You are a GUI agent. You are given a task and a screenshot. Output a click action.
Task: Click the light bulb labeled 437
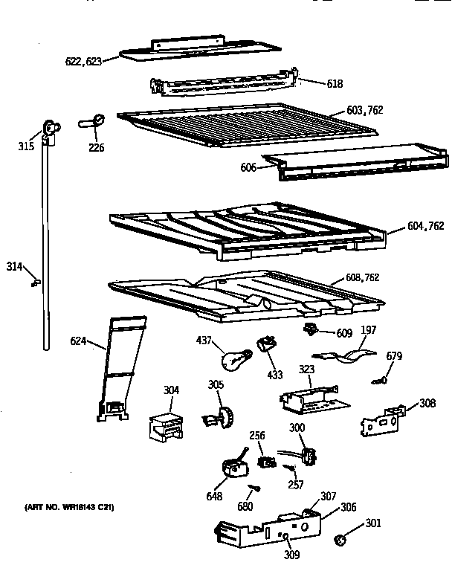tap(233, 359)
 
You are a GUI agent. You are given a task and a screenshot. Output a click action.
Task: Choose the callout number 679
tap(394, 356)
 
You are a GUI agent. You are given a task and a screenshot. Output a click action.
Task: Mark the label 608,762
tap(362, 277)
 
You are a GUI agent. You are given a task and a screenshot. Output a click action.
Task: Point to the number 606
tap(248, 168)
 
